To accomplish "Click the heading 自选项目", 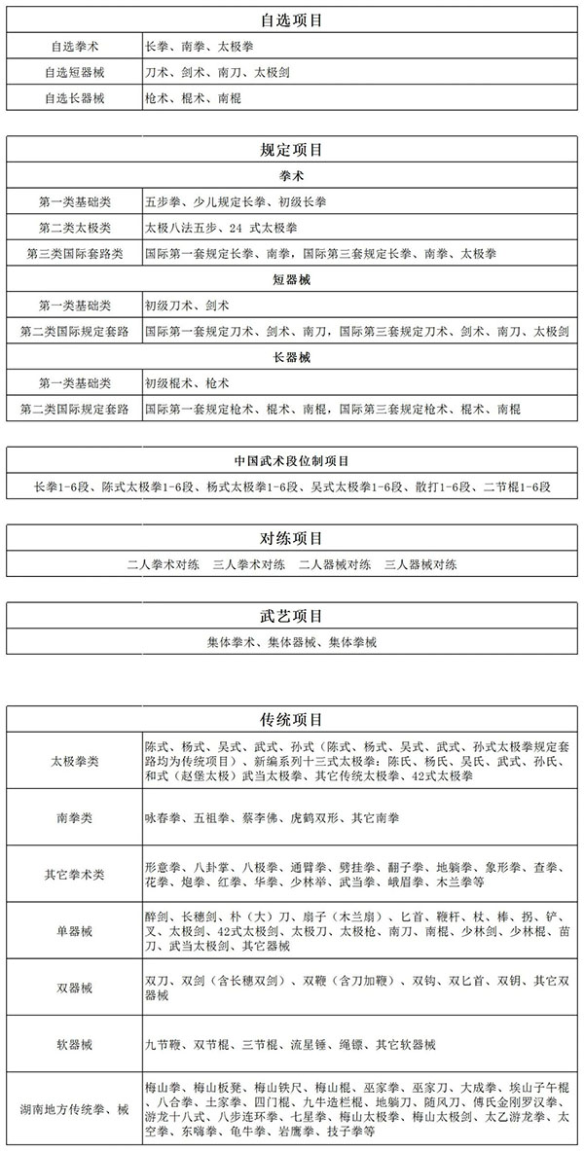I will pyautogui.click(x=292, y=19).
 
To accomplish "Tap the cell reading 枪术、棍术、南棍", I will pyautogui.click(x=193, y=98).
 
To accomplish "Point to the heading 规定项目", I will pyautogui.click(x=292, y=151).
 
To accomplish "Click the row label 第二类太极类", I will pyautogui.click(x=75, y=228).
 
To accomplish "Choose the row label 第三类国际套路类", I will pyautogui.click(x=75, y=254).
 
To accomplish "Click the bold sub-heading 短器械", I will pyautogui.click(x=292, y=279).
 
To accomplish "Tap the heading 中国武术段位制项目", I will pyautogui.click(x=292, y=460).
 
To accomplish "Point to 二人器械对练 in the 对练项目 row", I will pyautogui.click(x=336, y=563).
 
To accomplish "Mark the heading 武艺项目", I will pyautogui.click(x=292, y=616).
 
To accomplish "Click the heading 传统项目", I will pyautogui.click(x=292, y=720).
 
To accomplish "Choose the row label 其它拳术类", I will pyautogui.click(x=74, y=874).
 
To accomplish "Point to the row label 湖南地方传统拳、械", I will pyautogui.click(x=74, y=1108).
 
